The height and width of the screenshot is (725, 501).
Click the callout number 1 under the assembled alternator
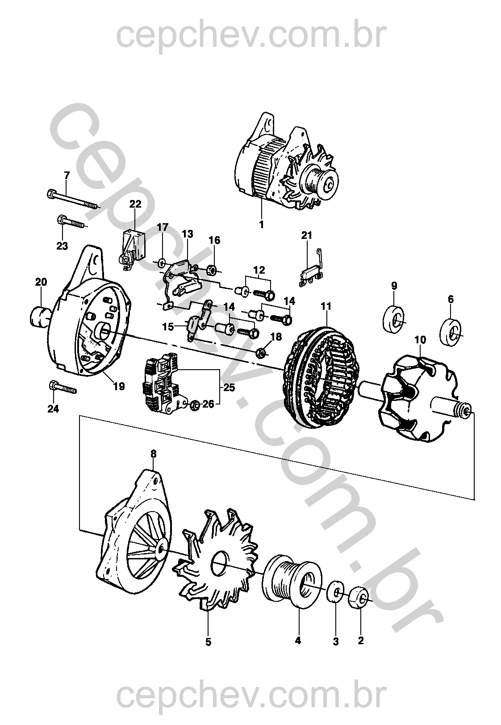click(262, 224)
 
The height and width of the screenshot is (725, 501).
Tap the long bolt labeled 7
click(72, 200)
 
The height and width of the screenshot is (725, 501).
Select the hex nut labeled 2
click(358, 597)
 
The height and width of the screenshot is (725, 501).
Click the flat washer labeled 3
click(336, 592)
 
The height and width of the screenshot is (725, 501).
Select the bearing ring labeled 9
click(393, 318)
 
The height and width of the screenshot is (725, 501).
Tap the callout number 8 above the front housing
click(154, 454)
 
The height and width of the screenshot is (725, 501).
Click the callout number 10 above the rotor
click(420, 340)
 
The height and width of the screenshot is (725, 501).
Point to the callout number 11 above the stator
click(326, 306)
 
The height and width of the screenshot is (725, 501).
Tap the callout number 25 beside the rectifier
click(229, 387)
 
